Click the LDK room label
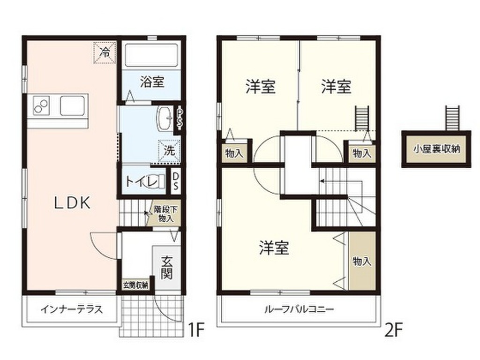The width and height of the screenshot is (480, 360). point(73,202)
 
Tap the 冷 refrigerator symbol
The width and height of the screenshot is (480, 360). point(105,52)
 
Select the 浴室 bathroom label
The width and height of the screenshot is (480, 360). point(152,82)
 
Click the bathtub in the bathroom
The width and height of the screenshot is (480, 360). point(152,55)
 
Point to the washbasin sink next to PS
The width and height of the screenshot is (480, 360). point(165,118)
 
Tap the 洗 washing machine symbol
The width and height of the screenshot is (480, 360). point(169,150)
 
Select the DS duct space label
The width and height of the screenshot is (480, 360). point(175,181)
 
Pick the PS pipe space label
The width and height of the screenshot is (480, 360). point(179,119)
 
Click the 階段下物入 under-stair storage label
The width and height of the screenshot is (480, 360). point(165,214)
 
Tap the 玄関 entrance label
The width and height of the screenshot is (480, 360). point(167,267)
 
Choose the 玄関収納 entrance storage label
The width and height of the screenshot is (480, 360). point(135,285)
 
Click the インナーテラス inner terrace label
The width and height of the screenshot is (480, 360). point(71,310)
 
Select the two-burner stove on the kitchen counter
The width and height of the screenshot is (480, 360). point(41,105)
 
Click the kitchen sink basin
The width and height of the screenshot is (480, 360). point(72,105)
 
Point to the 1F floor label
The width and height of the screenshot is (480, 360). point(195,330)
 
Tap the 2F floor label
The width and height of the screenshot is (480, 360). point(393,330)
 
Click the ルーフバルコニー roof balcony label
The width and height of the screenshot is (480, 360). point(299,309)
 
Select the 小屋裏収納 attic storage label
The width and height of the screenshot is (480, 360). point(436,149)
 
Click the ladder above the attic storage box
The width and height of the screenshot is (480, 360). point(452,118)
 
